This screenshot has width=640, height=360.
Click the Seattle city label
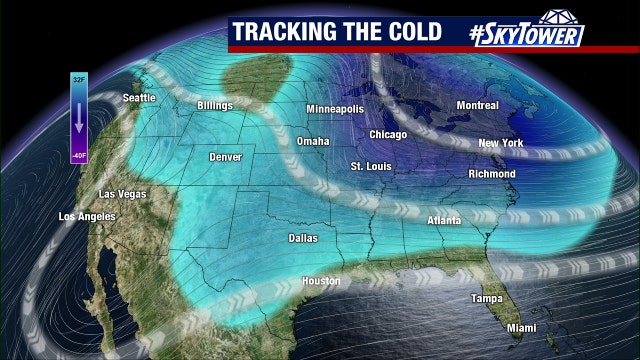(140, 98)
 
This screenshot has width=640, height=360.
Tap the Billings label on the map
(215, 105)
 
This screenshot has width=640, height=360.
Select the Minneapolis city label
(335, 109)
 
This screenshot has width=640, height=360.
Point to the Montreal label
(477, 105)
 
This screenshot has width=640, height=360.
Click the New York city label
(501, 143)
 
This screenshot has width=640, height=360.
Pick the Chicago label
(388, 134)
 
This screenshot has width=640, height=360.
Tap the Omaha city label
(313, 141)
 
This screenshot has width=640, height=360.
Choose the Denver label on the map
(225, 158)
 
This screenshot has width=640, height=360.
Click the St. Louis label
(369, 165)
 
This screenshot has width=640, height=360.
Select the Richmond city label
(491, 174)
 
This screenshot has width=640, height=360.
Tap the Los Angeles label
(87, 216)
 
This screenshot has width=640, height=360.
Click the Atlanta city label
(444, 220)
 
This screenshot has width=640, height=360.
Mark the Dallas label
(303, 239)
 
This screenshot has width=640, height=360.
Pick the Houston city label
(322, 281)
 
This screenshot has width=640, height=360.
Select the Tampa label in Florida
(488, 299)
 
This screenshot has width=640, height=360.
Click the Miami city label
(520, 328)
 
